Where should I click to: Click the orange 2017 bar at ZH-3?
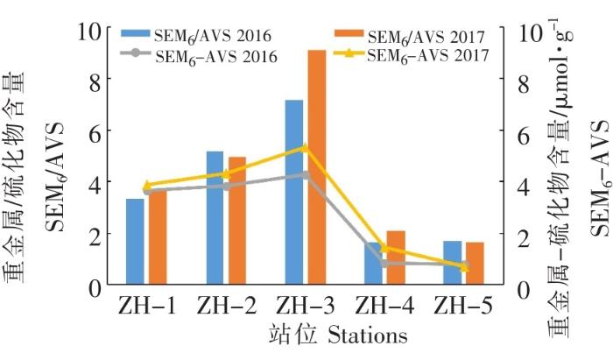coord(317,166)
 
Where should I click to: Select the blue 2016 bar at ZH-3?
coord(294,193)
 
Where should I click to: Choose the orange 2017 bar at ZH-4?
coord(396,263)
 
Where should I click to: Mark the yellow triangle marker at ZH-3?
coord(305,147)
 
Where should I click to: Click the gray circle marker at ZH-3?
coord(305,174)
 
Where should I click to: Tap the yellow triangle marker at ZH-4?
coord(384,248)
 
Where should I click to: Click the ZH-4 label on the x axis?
coord(384,307)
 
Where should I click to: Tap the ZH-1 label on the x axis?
coord(146,307)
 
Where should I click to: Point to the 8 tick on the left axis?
coord(97,78)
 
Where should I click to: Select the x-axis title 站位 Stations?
coord(325,336)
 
